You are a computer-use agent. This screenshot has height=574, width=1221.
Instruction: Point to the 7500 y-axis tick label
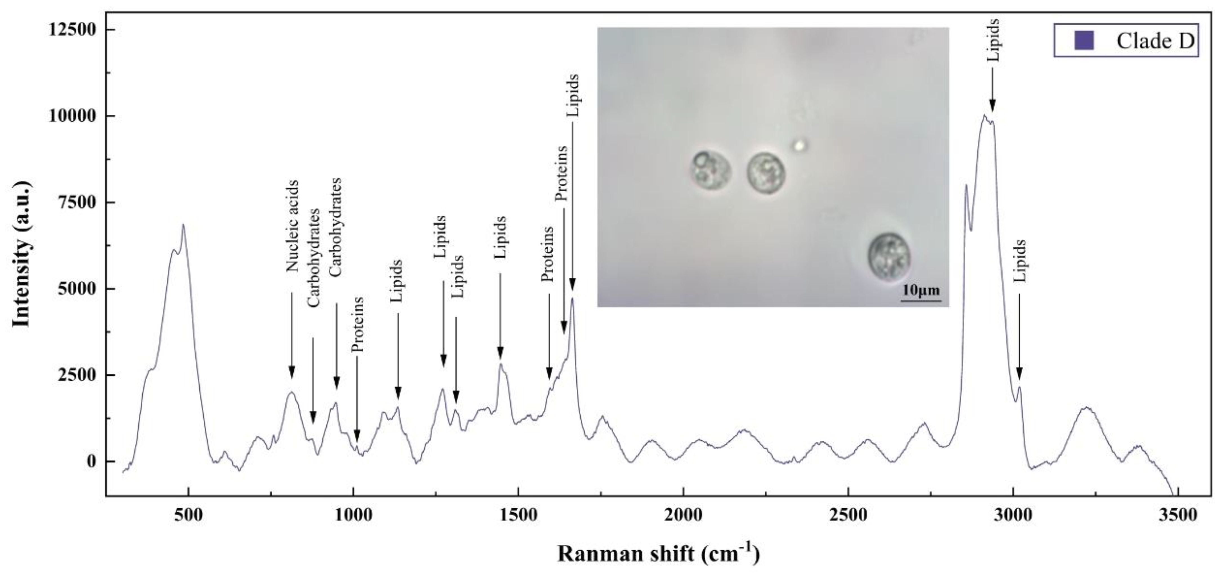76,203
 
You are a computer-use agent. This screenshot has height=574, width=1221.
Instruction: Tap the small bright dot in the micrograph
800,145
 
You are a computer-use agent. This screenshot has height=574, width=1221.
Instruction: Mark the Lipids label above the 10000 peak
993,40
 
